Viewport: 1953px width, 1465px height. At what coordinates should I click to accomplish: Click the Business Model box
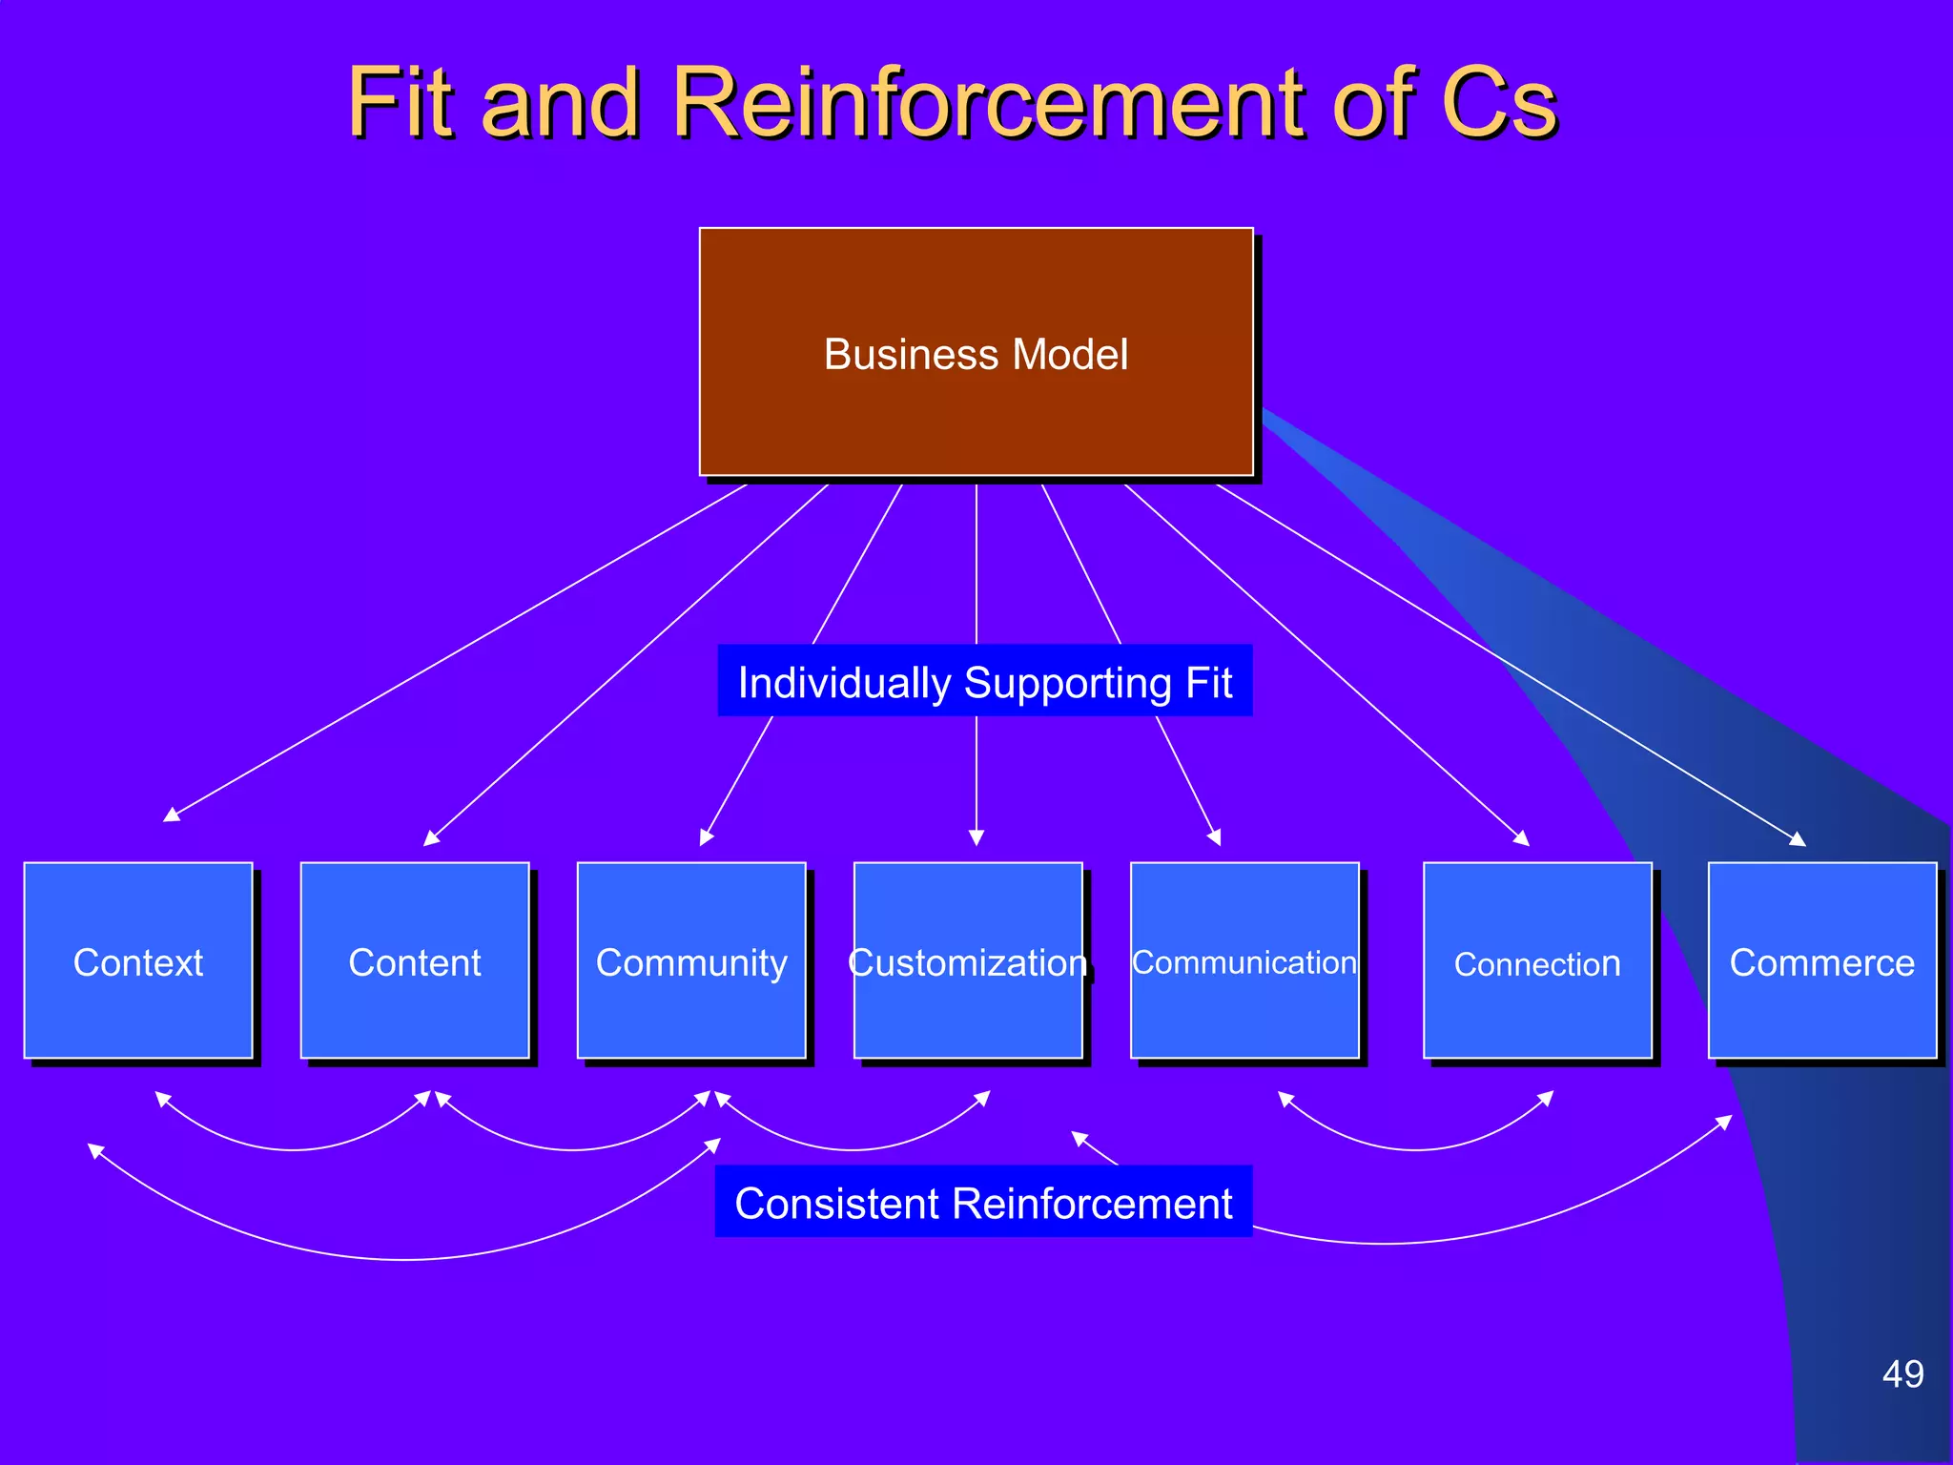click(976, 352)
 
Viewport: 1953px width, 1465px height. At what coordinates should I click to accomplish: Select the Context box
click(138, 960)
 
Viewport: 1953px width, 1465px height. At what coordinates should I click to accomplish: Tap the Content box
click(415, 960)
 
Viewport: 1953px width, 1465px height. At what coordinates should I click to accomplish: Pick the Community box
click(691, 960)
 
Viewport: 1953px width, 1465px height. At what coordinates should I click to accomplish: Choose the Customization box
click(968, 960)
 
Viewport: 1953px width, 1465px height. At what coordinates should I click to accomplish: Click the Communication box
click(1244, 960)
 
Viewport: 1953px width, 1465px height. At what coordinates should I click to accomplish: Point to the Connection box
click(1537, 960)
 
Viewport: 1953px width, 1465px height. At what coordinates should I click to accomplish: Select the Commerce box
click(1821, 960)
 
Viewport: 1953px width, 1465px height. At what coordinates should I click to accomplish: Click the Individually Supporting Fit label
click(984, 681)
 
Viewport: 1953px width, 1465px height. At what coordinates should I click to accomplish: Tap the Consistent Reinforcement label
click(983, 1202)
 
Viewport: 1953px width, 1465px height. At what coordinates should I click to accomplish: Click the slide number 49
click(1902, 1374)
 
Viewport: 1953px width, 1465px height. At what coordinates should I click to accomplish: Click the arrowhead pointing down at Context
click(171, 815)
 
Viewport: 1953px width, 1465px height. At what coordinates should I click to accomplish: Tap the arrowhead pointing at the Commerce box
click(1799, 840)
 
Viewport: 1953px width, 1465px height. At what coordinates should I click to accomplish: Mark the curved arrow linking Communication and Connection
click(1415, 1148)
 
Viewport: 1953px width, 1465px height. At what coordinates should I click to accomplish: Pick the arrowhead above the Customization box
click(976, 838)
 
